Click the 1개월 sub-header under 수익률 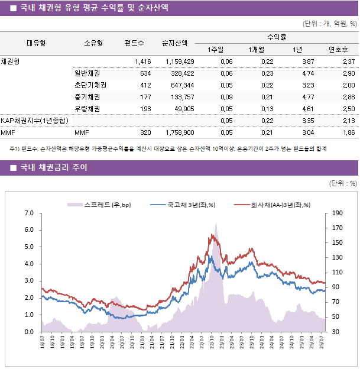click(x=257, y=49)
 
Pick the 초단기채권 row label click(x=90, y=85)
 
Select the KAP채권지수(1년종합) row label click(x=33, y=121)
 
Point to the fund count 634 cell click(x=145, y=73)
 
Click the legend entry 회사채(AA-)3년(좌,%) click(x=273, y=205)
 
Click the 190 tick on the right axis click(x=338, y=213)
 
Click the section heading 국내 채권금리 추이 click(x=53, y=168)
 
